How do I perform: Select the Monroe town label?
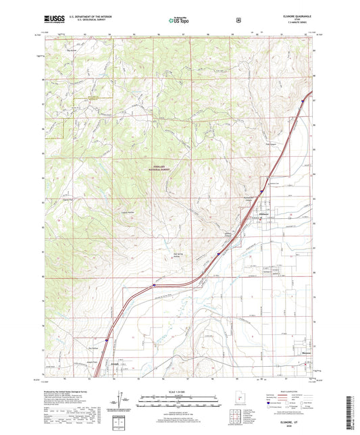[x=306, y=352]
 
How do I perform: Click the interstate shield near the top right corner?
[x=302, y=102]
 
